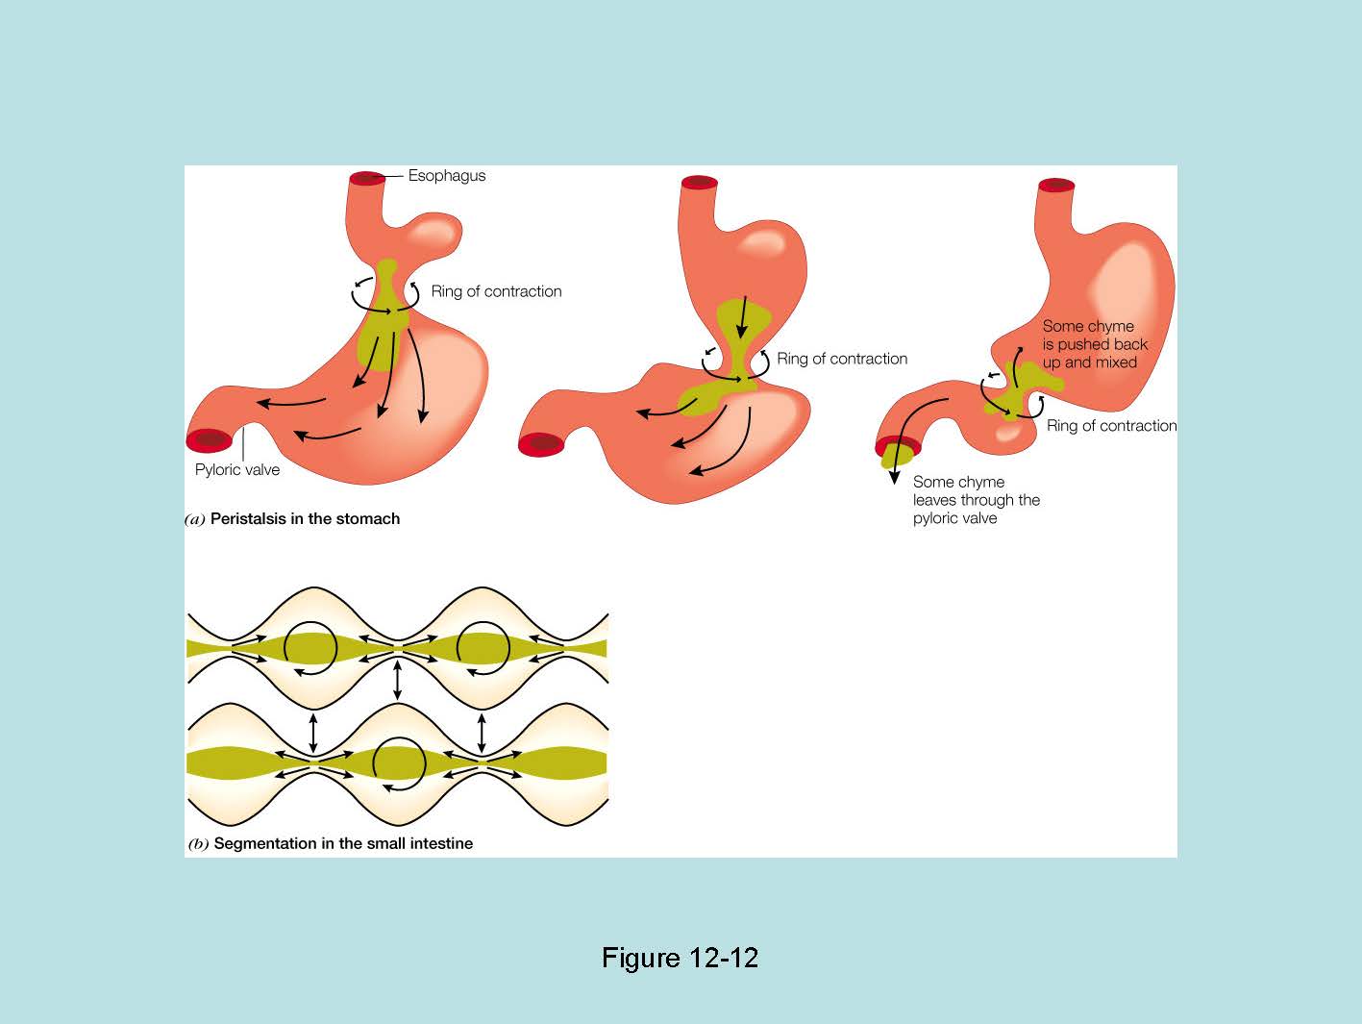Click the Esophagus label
pyautogui.click(x=446, y=176)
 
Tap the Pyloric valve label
pyautogui.click(x=236, y=470)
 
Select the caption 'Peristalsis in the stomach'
pyautogui.click(x=305, y=519)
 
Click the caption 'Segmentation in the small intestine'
pyautogui.click(x=343, y=844)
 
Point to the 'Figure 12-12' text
pyautogui.click(x=680, y=958)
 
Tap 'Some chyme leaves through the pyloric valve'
pyautogui.click(x=976, y=500)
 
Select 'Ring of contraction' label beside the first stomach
pyautogui.click(x=496, y=291)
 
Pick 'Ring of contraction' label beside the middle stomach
pyautogui.click(x=842, y=359)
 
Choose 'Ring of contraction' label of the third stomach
pyautogui.click(x=1111, y=426)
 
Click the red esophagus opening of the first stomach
pyautogui.click(x=366, y=178)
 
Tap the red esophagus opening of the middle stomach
pyautogui.click(x=700, y=183)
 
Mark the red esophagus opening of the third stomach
pyautogui.click(x=1055, y=185)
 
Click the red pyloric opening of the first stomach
pyautogui.click(x=210, y=441)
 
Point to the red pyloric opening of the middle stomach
pyautogui.click(x=541, y=444)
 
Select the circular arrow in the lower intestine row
pyautogui.click(x=398, y=763)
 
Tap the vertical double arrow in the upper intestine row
pyautogui.click(x=398, y=679)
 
